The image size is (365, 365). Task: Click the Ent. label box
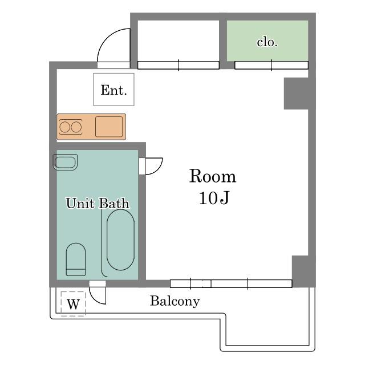[113, 90]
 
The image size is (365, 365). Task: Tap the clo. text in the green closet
[267, 42]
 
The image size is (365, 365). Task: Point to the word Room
[213, 176]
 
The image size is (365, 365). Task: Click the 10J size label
[214, 198]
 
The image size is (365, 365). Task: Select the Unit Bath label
[98, 203]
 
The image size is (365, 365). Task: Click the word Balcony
[175, 301]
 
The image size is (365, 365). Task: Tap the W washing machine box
[73, 304]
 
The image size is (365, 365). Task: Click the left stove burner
[64, 127]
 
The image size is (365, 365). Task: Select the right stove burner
[76, 127]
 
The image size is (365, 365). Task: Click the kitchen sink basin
[109, 127]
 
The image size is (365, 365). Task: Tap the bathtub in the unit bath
[120, 240]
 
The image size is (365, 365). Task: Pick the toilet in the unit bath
[76, 259]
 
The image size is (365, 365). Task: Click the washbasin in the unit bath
[65, 162]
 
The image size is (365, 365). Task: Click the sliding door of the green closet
[271, 65]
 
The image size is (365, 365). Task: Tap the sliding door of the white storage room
[179, 65]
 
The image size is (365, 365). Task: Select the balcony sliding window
[231, 284]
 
